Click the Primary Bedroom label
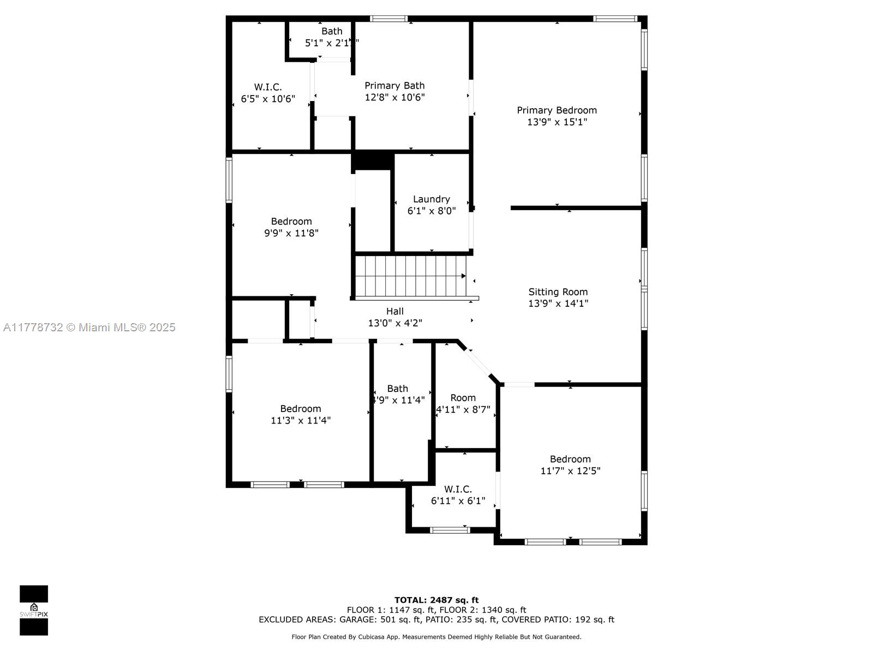pos(557,110)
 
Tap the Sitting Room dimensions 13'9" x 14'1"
pos(558,303)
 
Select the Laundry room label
pos(431,199)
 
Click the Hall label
pos(394,311)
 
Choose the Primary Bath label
pos(394,86)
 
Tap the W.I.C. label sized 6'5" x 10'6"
pos(268,87)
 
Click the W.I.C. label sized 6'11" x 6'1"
pos(458,489)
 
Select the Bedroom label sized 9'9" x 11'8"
pos(291,221)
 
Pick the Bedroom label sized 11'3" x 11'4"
pos(300,409)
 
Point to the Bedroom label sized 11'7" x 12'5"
pos(570,459)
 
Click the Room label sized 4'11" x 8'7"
pos(463,398)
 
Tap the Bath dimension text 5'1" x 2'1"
pos(331,43)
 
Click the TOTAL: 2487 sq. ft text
pos(436,600)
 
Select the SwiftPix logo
pos(34,610)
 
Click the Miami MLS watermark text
pos(89,327)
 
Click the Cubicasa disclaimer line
pos(436,636)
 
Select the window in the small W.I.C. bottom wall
pos(450,529)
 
